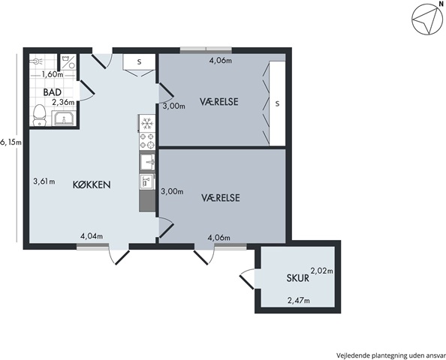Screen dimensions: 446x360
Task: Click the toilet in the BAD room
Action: (x=40, y=115)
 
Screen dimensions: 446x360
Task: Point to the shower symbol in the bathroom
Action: (x=36, y=61)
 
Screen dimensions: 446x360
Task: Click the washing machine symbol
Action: (x=68, y=61)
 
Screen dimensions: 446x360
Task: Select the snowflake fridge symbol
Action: (x=147, y=123)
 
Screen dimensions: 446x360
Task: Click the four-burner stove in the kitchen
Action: (x=147, y=141)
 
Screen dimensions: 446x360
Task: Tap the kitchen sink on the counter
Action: (x=147, y=163)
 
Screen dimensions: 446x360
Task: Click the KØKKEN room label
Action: (x=92, y=185)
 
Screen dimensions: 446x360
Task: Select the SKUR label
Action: (x=298, y=278)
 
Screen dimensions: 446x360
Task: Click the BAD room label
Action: (x=53, y=92)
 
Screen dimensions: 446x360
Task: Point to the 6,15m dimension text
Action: (x=11, y=142)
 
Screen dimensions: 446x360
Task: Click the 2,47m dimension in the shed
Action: (x=299, y=300)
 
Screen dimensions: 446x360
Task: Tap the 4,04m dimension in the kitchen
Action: (x=92, y=236)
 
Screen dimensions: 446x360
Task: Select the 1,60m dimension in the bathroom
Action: (x=53, y=75)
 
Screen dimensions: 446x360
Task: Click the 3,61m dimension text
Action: (x=44, y=181)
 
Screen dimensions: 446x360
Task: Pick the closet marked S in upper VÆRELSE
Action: (x=277, y=103)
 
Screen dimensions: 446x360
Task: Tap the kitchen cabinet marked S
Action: (x=139, y=61)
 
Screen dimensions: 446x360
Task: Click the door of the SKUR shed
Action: (x=246, y=279)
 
